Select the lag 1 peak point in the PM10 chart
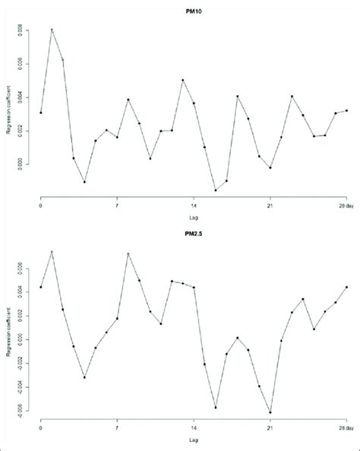(52, 30)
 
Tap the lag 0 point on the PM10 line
(41, 112)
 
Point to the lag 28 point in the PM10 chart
(346, 111)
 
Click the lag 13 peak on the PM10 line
(183, 80)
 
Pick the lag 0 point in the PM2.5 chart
(41, 287)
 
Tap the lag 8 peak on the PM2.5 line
(128, 254)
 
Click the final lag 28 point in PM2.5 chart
(346, 287)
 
